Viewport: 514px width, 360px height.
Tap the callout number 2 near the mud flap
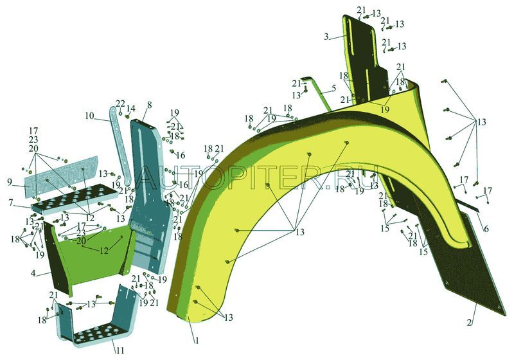[471, 319]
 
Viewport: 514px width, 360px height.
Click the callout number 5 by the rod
[333, 87]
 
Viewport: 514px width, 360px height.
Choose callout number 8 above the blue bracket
[149, 105]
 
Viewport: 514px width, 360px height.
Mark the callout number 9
[10, 183]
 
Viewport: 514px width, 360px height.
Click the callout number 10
[89, 116]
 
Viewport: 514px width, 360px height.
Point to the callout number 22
[120, 104]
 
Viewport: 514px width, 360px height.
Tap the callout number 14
[131, 109]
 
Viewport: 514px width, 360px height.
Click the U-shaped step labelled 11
[96, 321]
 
